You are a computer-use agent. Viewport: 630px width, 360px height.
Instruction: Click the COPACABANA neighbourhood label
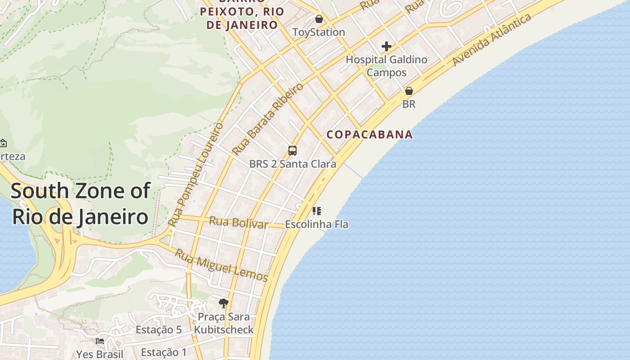[369, 134]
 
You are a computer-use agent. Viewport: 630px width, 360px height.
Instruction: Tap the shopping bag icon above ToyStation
[319, 19]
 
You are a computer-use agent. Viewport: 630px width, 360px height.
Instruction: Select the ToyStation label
[319, 32]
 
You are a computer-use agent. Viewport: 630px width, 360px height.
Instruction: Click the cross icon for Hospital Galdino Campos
[386, 46]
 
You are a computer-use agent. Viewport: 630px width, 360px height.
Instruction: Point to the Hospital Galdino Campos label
[386, 66]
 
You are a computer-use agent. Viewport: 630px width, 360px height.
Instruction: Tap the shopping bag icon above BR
[409, 91]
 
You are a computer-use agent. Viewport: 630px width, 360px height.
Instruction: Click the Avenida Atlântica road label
[492, 40]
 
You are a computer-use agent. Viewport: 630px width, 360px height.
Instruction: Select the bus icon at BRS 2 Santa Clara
[292, 150]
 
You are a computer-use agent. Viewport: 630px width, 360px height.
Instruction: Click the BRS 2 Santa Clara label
[292, 164]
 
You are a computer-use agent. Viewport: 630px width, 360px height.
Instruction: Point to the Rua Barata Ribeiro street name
[268, 119]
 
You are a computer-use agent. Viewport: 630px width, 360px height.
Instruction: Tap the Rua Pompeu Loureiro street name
[196, 174]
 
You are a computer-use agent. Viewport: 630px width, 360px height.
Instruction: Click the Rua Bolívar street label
[238, 222]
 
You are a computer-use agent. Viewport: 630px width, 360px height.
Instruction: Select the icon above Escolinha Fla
[316, 211]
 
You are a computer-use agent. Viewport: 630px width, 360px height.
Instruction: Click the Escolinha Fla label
[317, 224]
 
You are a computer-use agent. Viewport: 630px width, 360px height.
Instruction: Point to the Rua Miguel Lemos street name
[221, 265]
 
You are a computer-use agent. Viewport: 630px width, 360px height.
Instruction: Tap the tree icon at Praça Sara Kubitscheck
[223, 303]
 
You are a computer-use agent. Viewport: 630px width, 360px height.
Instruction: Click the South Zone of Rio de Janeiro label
[80, 203]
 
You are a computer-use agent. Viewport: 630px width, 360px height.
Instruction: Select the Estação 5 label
[159, 330]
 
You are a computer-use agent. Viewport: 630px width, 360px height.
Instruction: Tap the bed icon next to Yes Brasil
[100, 341]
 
